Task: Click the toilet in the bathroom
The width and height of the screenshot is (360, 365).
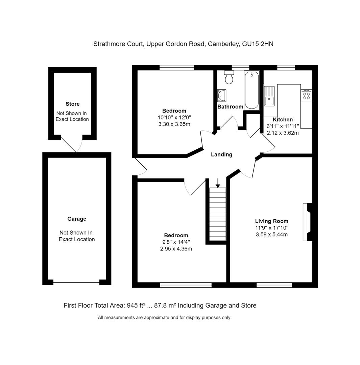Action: (229, 77)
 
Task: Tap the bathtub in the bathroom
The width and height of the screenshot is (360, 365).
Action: (251, 90)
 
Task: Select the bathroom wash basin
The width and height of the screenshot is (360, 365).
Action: (222, 95)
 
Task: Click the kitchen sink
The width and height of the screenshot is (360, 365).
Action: (269, 97)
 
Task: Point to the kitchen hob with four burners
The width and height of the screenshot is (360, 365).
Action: (307, 95)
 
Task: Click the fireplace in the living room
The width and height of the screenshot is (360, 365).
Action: (307, 222)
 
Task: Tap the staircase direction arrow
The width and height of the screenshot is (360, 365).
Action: (218, 183)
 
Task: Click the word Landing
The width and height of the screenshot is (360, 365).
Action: (221, 154)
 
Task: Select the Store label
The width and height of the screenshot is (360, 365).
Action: (73, 104)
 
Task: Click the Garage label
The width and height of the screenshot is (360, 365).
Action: (77, 219)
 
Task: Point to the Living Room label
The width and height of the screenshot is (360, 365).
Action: (272, 221)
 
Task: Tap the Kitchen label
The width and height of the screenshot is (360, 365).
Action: (283, 119)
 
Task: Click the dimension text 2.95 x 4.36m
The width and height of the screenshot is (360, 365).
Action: (176, 249)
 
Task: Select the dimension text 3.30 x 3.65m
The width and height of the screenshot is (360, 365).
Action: (174, 124)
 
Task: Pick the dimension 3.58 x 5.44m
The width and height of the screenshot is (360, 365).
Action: (272, 234)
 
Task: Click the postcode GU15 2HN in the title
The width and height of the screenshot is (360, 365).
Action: (258, 44)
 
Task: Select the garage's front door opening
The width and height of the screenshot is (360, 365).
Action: (76, 282)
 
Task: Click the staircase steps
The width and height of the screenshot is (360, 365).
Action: (218, 214)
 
